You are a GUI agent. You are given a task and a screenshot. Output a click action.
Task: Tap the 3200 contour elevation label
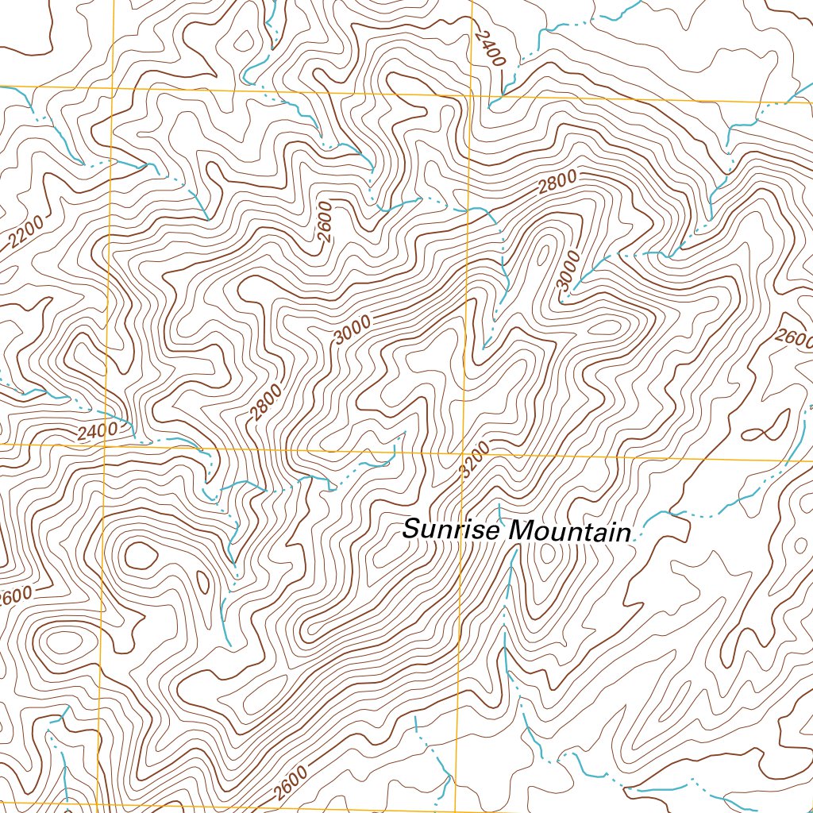pyautogui.click(x=474, y=459)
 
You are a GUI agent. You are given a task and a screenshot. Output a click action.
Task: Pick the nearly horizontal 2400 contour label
pyautogui.click(x=97, y=431)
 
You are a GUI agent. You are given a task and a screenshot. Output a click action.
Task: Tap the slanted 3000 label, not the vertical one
pyautogui.click(x=353, y=329)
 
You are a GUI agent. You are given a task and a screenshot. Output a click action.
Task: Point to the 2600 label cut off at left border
pyautogui.click(x=14, y=595)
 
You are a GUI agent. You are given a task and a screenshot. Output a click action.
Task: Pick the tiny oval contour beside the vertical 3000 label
pyautogui.click(x=542, y=253)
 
